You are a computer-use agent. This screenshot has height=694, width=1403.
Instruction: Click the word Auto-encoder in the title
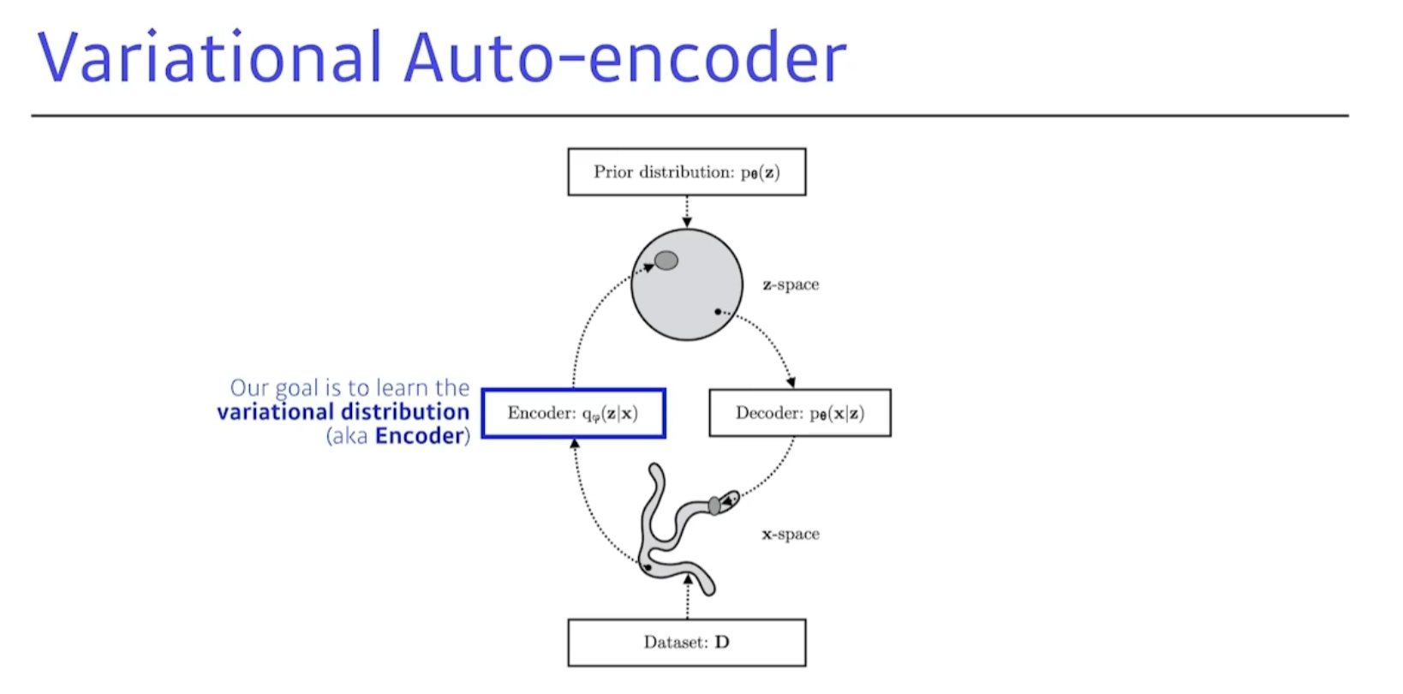625,57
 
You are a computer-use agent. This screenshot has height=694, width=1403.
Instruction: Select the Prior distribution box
686,172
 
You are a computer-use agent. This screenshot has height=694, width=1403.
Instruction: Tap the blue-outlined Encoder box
573,413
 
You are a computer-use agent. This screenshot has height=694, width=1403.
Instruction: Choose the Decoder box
799,413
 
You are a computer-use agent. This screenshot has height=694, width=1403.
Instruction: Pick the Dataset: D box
686,643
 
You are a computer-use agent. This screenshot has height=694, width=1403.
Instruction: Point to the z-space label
791,284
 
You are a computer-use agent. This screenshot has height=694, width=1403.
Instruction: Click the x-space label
791,534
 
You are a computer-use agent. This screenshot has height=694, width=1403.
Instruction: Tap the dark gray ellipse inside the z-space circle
666,260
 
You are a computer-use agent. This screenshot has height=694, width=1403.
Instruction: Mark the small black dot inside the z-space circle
718,312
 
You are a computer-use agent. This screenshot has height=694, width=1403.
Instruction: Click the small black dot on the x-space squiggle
648,567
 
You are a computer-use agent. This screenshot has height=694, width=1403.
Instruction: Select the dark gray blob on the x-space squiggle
714,506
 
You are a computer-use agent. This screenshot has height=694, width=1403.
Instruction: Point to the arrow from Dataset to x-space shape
687,597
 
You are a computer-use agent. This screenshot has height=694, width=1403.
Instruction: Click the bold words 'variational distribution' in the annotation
343,412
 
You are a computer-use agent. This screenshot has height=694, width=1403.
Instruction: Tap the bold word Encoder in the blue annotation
420,436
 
